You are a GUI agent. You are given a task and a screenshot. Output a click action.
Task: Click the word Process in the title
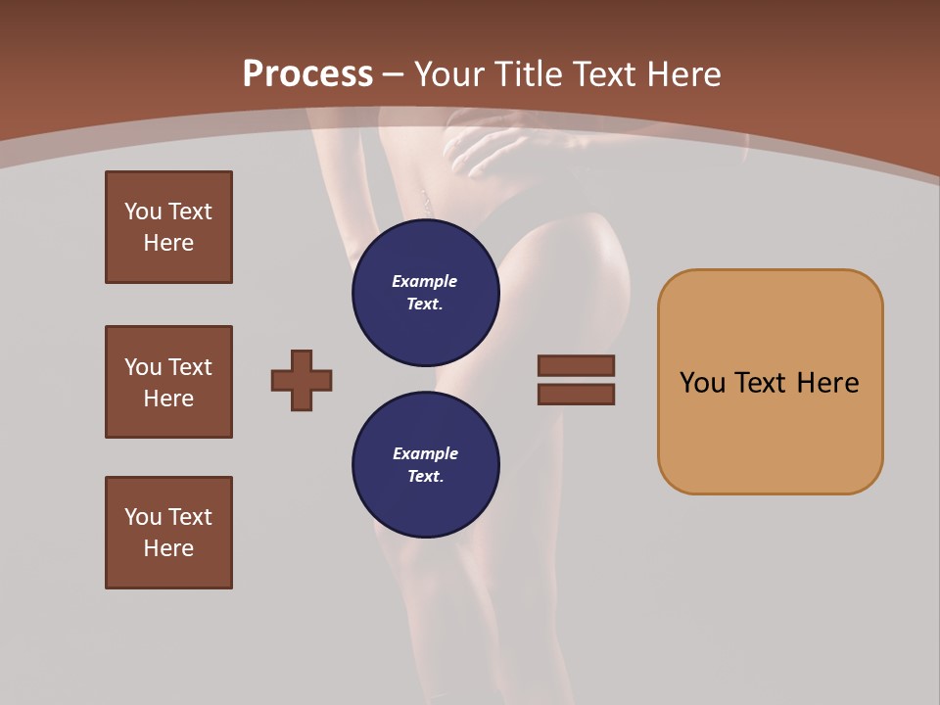307,74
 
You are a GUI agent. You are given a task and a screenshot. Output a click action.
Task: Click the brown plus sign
302,380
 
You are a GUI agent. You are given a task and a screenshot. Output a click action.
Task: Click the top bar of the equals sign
576,365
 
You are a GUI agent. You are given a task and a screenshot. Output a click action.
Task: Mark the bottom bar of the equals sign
576,395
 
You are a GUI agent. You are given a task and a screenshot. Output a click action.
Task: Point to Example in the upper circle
425,281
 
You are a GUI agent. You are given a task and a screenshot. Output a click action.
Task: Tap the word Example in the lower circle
425,453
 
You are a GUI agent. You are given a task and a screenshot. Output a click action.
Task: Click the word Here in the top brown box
168,243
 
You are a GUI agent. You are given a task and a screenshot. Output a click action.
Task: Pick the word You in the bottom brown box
143,517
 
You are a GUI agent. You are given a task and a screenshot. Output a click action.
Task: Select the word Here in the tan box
827,383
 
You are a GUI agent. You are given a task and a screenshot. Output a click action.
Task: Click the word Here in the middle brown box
168,399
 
